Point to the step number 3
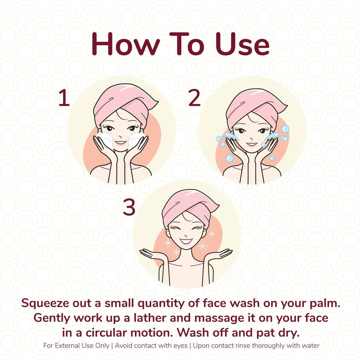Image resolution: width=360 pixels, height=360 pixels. coord(129,207)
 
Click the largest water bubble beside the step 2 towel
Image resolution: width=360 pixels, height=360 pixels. coord(285,129)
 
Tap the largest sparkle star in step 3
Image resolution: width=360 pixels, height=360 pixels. coord(202,246)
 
